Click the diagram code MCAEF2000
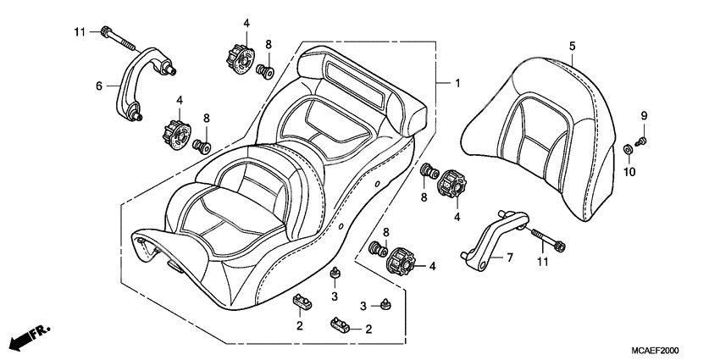(655, 351)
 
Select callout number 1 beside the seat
(457, 83)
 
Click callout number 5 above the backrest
(572, 46)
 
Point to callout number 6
(99, 86)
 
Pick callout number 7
(510, 258)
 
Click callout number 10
(629, 172)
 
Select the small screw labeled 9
(642, 141)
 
